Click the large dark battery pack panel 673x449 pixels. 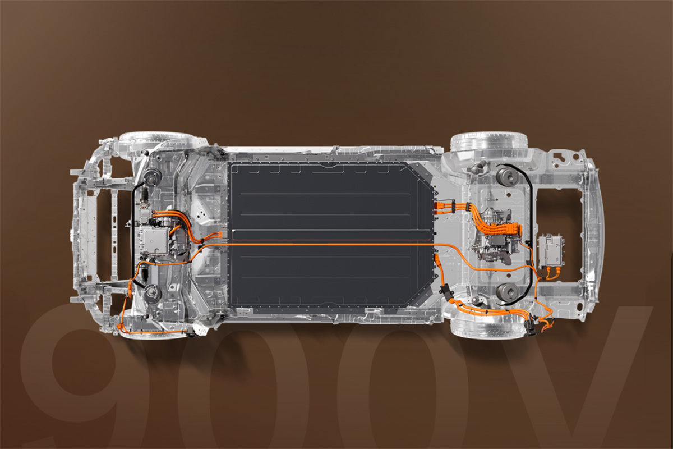coord(330,235)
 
